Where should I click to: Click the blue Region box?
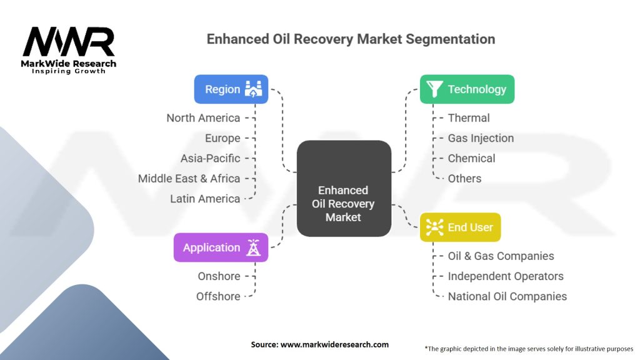231,89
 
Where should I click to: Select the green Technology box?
467,89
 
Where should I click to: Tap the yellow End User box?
461,227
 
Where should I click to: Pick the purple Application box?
221,247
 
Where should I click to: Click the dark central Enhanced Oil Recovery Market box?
344,189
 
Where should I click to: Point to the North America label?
203,118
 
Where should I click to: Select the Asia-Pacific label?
210,158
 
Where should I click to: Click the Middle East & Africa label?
189,178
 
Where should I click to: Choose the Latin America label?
205,199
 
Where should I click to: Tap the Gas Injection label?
481,138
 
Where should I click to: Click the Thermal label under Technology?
469,118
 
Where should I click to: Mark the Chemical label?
471,158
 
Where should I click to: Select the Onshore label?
219,276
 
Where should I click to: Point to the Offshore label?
218,296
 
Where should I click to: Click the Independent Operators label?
506,276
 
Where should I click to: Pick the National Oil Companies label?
507,296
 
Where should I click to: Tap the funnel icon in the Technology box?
434,89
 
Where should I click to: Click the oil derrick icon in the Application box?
254,247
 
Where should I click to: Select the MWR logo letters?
69,42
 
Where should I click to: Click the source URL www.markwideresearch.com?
335,344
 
